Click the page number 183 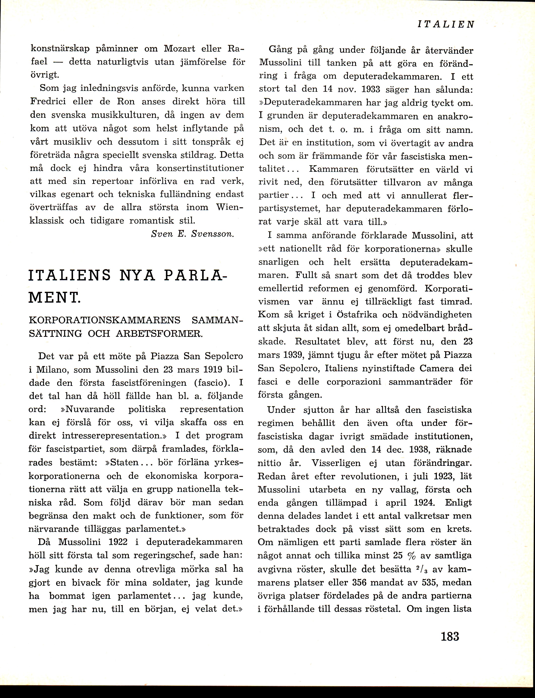click(x=450, y=637)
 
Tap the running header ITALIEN click(x=446, y=24)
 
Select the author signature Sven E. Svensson click(x=193, y=234)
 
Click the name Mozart click(x=179, y=49)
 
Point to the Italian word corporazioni click(x=354, y=382)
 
